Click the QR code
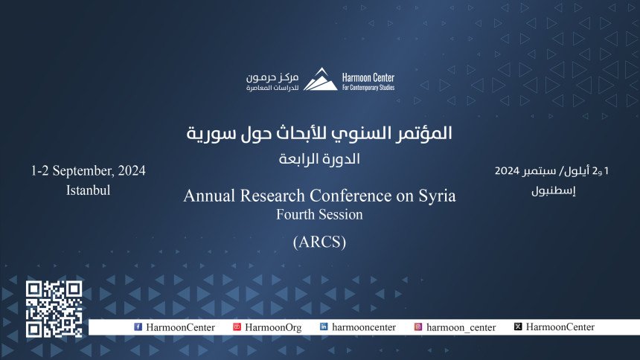pyautogui.click(x=54, y=309)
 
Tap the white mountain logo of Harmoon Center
pyautogui.click(x=321, y=79)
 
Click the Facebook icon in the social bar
pyautogui.click(x=138, y=327)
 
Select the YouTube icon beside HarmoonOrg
pyautogui.click(x=237, y=327)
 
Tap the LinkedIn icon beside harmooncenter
pyautogui.click(x=324, y=327)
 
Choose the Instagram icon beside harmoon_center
pyautogui.click(x=418, y=327)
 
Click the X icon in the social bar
pyautogui.click(x=518, y=327)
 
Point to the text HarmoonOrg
pyautogui.click(x=273, y=327)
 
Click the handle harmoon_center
pyautogui.click(x=461, y=327)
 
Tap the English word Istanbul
pyautogui.click(x=88, y=190)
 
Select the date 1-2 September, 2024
pyautogui.click(x=88, y=170)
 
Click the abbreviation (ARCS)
pyautogui.click(x=319, y=242)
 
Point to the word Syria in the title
pyautogui.click(x=437, y=196)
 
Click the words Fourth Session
pyautogui.click(x=319, y=215)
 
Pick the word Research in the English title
pyautogui.click(x=272, y=196)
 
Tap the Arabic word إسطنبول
pyautogui.click(x=554, y=190)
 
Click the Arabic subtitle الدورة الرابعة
pyautogui.click(x=319, y=158)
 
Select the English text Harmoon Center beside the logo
pyautogui.click(x=368, y=77)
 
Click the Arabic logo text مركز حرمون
pyautogui.click(x=272, y=77)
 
